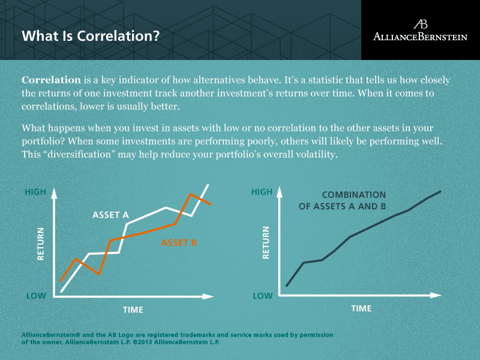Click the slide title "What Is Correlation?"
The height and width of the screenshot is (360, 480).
tap(91, 35)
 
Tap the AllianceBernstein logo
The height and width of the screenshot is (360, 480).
tap(420, 30)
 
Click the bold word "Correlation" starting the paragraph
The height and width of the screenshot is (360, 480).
tap(51, 80)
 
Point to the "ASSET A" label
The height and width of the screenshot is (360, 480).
tap(110, 215)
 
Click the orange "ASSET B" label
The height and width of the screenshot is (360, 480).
tap(179, 243)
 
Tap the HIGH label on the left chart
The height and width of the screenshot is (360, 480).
tap(35, 193)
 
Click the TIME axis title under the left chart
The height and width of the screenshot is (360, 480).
tap(133, 310)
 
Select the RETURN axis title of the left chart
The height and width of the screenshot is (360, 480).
tap(41, 243)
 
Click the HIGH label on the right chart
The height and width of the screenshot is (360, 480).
tap(262, 193)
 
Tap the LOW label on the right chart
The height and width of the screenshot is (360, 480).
tap(262, 296)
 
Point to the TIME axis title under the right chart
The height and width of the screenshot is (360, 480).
tap(361, 308)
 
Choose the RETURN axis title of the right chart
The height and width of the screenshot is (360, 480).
tap(266, 242)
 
